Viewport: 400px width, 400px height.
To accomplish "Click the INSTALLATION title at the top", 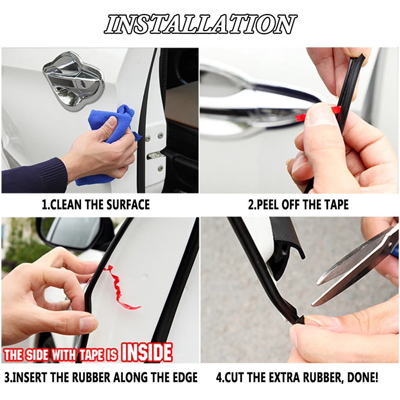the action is pyautogui.click(x=200, y=24).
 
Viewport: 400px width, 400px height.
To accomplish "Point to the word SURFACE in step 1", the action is pyautogui.click(x=128, y=204).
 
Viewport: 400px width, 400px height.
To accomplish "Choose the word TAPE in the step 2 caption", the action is pyautogui.click(x=336, y=204).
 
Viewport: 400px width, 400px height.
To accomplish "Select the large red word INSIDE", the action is pyautogui.click(x=147, y=352).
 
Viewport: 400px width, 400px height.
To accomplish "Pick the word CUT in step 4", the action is pyautogui.click(x=234, y=378).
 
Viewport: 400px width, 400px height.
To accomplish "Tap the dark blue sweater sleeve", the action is pyautogui.click(x=34, y=176).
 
